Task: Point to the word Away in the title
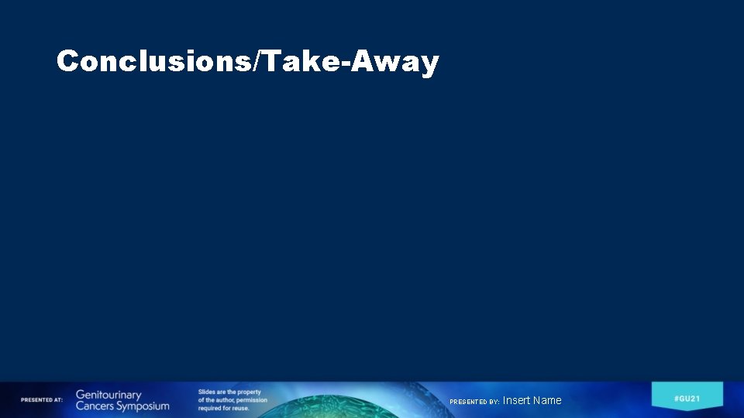tap(395, 61)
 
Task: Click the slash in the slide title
tap(258, 61)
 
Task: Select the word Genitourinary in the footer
tap(108, 395)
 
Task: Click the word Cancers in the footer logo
tap(94, 406)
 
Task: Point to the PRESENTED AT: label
tap(42, 400)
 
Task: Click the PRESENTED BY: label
tap(474, 402)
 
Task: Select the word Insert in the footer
tap(516, 400)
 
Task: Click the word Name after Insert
tap(547, 400)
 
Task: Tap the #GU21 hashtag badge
tap(687, 398)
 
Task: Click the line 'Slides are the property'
tap(229, 392)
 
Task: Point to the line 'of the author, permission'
tap(232, 400)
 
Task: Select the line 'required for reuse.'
tap(223, 408)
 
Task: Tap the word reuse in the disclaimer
tap(238, 408)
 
